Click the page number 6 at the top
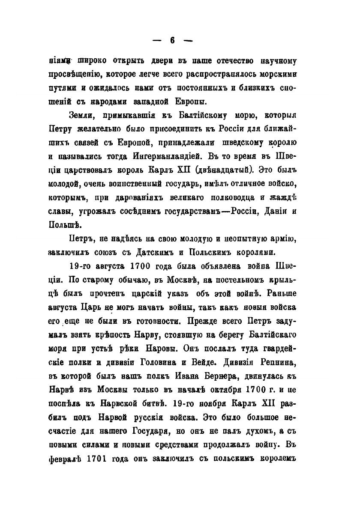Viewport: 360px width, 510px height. point(172,41)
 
